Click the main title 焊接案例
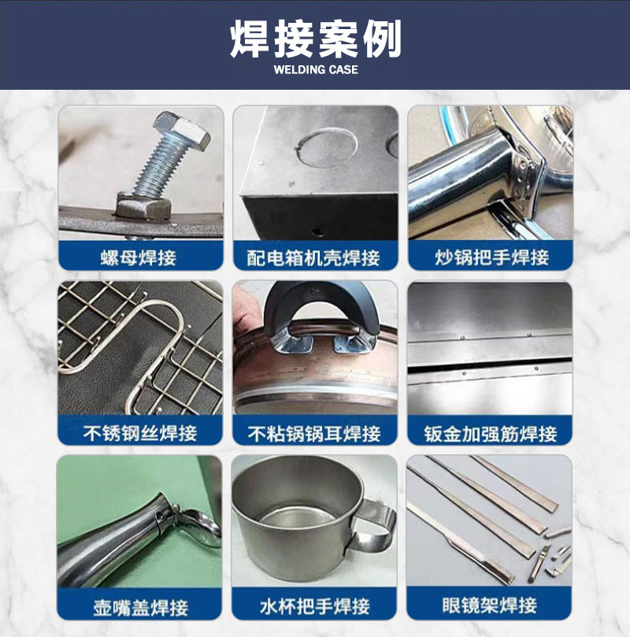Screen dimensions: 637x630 [315, 39]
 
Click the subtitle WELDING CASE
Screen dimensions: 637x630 [315, 70]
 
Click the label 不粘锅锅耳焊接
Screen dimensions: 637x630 [314, 432]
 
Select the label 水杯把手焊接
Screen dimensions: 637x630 [314, 607]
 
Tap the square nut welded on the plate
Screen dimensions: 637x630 [141, 207]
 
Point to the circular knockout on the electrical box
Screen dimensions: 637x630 [317, 146]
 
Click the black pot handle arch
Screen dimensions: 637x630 [315, 303]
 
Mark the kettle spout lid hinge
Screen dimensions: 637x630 [169, 516]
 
